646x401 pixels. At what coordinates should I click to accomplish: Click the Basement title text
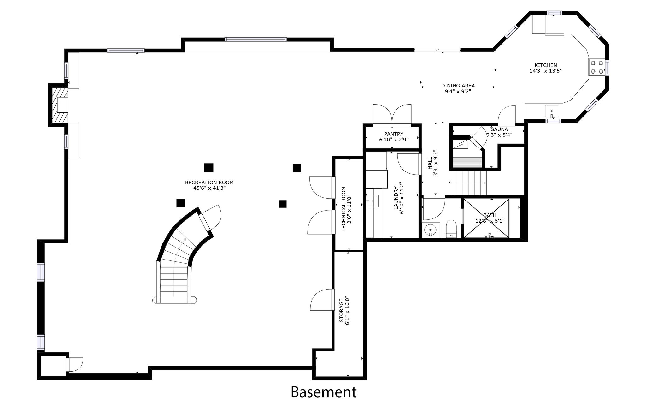[323, 392]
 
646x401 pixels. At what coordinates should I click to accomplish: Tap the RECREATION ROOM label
[209, 183]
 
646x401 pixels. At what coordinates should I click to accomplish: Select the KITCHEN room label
[545, 65]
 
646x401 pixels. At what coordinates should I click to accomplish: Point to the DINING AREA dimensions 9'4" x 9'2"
[458, 92]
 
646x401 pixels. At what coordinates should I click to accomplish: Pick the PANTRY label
[393, 134]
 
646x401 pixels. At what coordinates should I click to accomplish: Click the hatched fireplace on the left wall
[60, 105]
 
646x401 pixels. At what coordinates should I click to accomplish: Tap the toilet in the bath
[451, 229]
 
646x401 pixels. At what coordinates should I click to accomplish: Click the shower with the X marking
[486, 218]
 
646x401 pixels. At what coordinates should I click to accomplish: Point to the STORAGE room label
[341, 310]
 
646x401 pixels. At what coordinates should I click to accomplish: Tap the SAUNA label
[499, 129]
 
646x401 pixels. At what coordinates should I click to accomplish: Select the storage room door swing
[322, 300]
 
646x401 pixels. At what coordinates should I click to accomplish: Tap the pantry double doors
[392, 115]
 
